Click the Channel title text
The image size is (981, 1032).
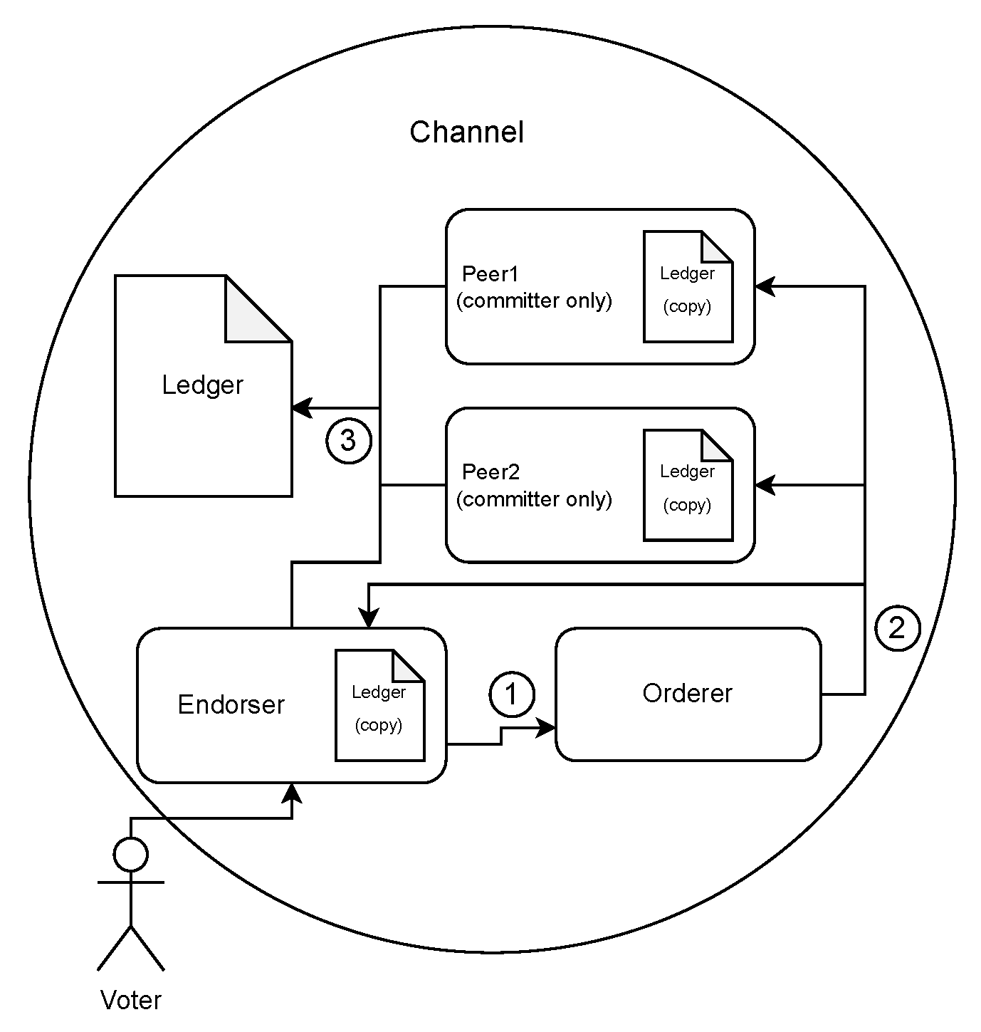coord(466,132)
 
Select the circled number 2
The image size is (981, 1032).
coord(897,628)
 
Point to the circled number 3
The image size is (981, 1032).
coord(348,441)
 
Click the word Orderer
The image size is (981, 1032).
coord(687,694)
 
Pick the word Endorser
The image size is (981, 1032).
coord(231,704)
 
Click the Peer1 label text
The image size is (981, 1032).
coord(490,274)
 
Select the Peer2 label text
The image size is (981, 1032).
coord(490,472)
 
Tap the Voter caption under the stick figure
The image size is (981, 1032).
coord(131,1001)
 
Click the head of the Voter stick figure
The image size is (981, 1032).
coord(131,853)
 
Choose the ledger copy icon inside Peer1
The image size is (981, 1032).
coord(688,286)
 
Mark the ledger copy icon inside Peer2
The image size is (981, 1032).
coord(688,485)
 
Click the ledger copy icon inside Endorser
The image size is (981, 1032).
coord(379,704)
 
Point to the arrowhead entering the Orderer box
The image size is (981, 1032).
coord(547,728)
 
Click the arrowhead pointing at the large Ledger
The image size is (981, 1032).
coord(302,408)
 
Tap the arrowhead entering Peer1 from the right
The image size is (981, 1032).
coord(765,286)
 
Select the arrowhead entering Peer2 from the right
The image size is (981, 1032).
coord(765,485)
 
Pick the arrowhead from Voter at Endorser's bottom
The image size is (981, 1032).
coord(292,793)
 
